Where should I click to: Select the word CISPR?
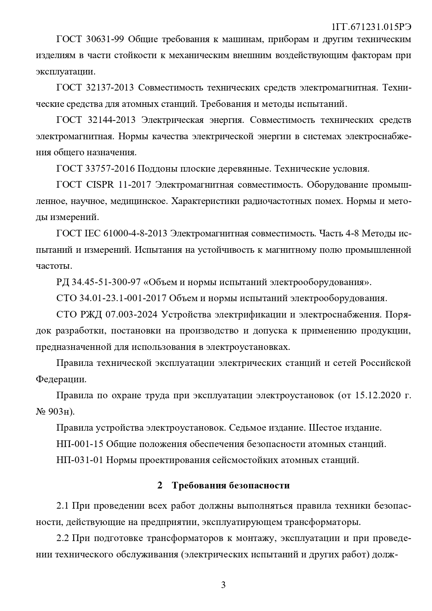coord(100,185)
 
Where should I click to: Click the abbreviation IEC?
coord(92,234)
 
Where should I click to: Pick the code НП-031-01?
coord(79,460)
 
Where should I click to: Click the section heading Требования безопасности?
coord(230,485)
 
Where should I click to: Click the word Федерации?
coord(61,379)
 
